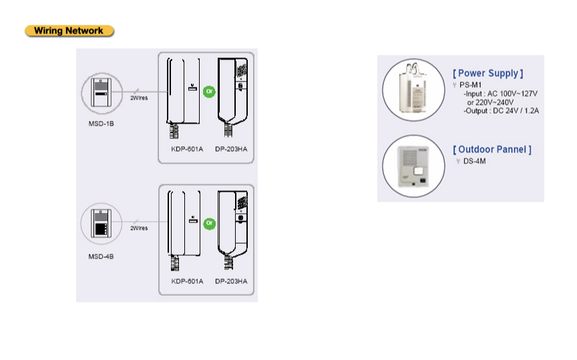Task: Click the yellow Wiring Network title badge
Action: click(x=69, y=31)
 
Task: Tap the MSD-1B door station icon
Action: click(x=102, y=92)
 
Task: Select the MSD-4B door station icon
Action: click(x=102, y=223)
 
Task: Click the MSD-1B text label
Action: click(x=102, y=124)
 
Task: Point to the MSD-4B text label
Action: click(x=101, y=256)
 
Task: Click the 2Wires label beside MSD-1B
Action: click(x=139, y=98)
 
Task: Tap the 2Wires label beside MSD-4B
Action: click(x=139, y=228)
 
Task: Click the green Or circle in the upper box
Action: click(x=210, y=92)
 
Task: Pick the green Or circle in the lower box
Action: click(x=210, y=223)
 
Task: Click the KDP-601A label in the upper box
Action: click(x=187, y=149)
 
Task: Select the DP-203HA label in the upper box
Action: click(x=231, y=149)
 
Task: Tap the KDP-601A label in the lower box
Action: click(x=187, y=281)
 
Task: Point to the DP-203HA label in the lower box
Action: click(x=231, y=281)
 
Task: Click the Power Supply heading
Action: click(x=488, y=73)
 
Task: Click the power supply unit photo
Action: click(x=413, y=89)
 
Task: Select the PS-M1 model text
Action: click(x=471, y=85)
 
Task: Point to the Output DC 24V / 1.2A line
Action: click(x=501, y=111)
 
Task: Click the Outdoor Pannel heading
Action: click(x=492, y=150)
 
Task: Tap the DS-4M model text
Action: click(x=474, y=161)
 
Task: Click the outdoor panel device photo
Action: click(x=413, y=166)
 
